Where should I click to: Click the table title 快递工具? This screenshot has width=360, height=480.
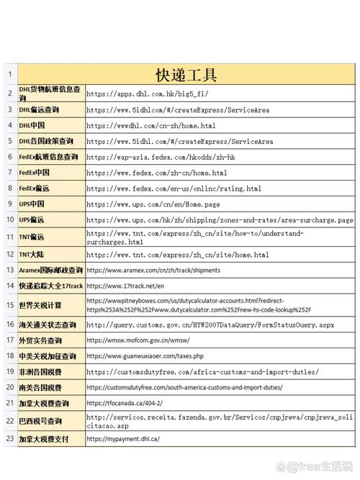coord(186,75)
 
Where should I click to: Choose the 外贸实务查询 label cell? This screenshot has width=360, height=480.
coord(40,340)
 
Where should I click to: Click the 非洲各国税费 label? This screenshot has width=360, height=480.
coord(40,371)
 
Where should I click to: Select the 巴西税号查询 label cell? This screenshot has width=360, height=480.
coord(40,420)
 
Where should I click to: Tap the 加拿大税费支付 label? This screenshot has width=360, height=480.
coord(44,438)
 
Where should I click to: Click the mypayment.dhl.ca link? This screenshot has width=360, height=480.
coord(123,438)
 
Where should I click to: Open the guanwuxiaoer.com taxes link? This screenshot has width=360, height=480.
coord(145,356)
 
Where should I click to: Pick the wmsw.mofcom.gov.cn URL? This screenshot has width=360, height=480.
coord(138,340)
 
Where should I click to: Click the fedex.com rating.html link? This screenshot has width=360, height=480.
coord(174,189)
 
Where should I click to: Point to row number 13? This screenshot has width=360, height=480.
coord(9,270)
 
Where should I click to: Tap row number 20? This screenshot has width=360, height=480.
coord(9,387)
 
